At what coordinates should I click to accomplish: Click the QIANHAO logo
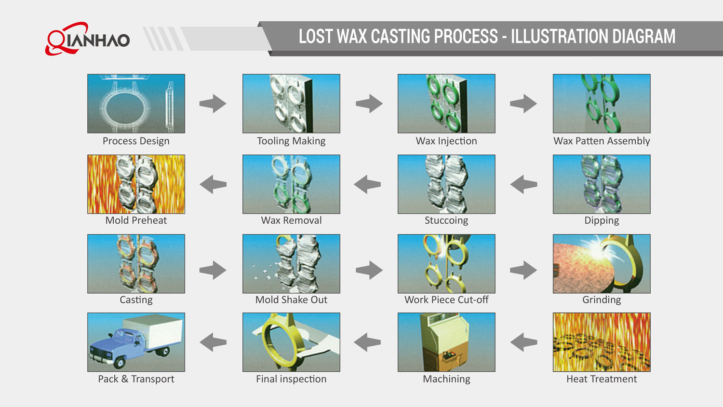click(x=88, y=39)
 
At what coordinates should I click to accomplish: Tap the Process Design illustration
click(x=136, y=103)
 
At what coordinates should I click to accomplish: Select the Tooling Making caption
click(x=291, y=141)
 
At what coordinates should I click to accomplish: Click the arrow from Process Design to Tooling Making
click(x=213, y=103)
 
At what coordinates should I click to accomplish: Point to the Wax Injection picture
click(x=446, y=103)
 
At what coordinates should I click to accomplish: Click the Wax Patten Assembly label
click(x=602, y=141)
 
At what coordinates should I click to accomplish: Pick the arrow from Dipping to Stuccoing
click(x=523, y=184)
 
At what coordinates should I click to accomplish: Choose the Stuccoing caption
click(x=446, y=220)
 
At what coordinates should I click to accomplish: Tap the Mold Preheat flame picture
click(x=136, y=184)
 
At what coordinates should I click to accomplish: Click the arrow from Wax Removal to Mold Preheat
click(x=213, y=184)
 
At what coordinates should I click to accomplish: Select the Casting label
click(x=136, y=300)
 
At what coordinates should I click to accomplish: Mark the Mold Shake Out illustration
click(x=291, y=264)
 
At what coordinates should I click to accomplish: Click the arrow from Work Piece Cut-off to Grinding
click(x=523, y=270)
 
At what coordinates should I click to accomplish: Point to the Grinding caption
click(x=602, y=300)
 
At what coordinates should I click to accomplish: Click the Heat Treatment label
click(x=602, y=379)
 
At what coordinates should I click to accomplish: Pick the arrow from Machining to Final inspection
click(x=367, y=342)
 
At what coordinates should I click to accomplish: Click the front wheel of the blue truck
click(x=119, y=363)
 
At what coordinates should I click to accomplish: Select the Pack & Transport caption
click(x=136, y=379)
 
